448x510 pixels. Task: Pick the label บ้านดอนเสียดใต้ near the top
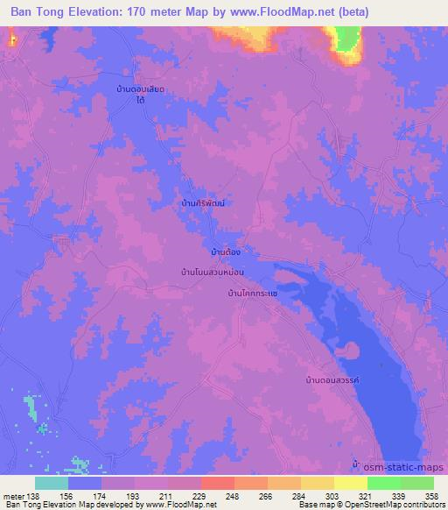tap(141, 96)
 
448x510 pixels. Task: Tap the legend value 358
tap(432, 495)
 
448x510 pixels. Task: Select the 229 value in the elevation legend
tap(200, 495)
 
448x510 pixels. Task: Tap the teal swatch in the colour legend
tap(52, 483)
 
